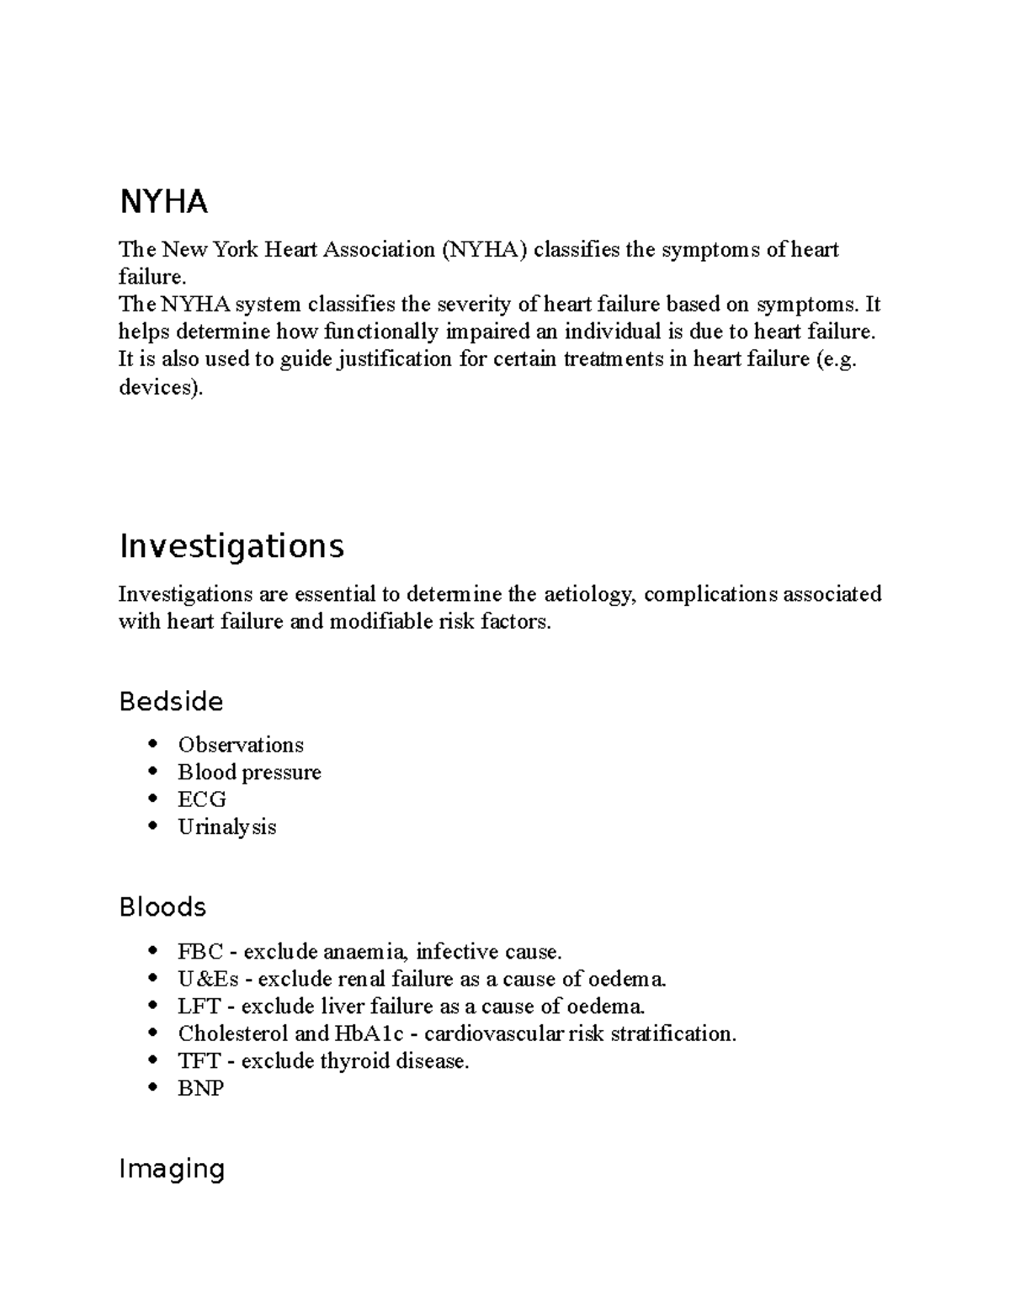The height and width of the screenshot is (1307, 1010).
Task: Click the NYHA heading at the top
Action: point(163,202)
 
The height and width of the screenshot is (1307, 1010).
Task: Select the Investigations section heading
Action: point(231,546)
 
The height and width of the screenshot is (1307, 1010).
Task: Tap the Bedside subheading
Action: point(171,701)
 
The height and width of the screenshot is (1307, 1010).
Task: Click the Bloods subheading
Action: point(162,906)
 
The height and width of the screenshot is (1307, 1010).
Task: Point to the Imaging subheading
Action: point(172,1168)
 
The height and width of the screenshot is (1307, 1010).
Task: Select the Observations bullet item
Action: point(240,745)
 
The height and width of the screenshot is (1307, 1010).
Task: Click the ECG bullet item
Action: point(202,799)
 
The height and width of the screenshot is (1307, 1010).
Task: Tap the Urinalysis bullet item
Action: point(226,826)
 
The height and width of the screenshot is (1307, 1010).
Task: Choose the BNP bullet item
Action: point(200,1088)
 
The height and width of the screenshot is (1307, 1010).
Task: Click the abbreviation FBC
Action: point(200,952)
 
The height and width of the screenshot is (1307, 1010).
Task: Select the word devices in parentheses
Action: point(157,389)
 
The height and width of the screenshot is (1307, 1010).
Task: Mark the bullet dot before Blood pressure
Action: point(151,772)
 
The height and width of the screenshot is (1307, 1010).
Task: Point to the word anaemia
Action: point(365,952)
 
